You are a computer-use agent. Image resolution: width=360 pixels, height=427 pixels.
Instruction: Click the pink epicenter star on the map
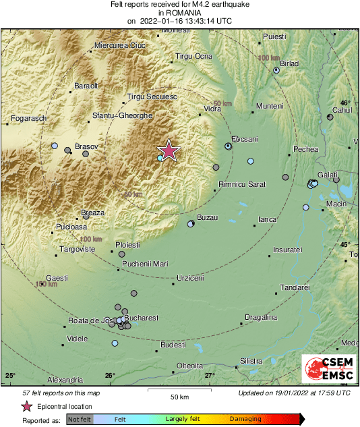(168, 150)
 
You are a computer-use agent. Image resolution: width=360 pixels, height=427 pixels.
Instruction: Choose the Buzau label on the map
(206, 217)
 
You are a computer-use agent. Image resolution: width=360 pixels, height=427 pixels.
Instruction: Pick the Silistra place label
(251, 362)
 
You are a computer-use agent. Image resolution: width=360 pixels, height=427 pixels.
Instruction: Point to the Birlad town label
(289, 63)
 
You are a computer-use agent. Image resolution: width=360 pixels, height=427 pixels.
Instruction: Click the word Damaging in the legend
(245, 419)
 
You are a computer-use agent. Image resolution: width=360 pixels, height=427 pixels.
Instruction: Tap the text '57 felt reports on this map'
(61, 393)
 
